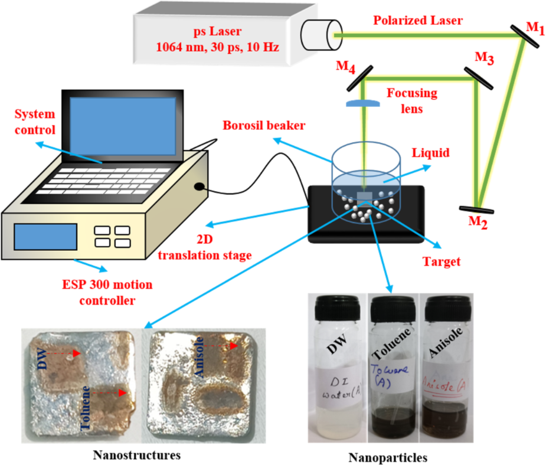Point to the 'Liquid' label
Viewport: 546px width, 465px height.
(x=431, y=153)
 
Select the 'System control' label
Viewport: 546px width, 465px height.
(x=35, y=122)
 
